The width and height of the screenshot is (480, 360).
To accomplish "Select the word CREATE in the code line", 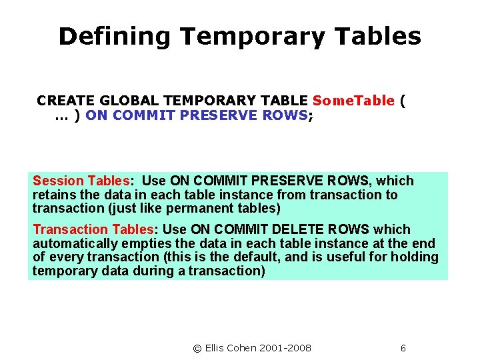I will (61, 101).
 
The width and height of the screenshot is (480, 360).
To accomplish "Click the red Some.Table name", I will (353, 101).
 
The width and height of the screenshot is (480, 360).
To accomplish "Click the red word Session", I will (59, 181).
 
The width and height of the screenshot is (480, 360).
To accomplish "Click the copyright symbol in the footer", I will (197, 348).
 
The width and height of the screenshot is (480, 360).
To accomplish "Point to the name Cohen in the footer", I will (244, 348).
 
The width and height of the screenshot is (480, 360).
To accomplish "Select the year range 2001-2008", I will (287, 348).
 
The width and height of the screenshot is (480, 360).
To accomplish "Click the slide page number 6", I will (403, 348).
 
